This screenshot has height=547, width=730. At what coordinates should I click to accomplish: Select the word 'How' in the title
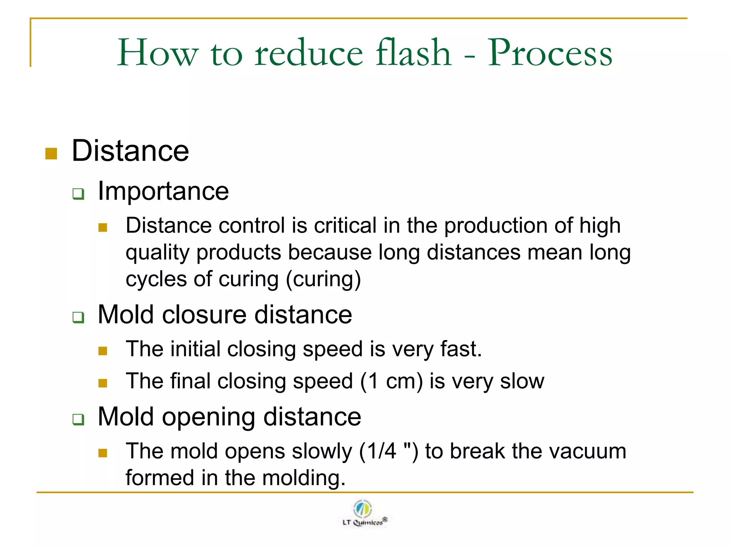[157, 53]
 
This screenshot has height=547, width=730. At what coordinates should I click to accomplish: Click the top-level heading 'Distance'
[130, 151]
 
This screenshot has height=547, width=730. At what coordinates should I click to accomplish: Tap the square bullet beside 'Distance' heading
[51, 153]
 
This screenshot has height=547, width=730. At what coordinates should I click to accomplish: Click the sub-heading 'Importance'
[163, 191]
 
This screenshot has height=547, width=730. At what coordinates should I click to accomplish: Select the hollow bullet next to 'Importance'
[78, 194]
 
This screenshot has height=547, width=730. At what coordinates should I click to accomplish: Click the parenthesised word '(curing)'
[324, 279]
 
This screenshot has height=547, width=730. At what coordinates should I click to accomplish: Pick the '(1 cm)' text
[391, 381]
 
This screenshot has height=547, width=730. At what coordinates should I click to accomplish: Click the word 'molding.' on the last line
[304, 478]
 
